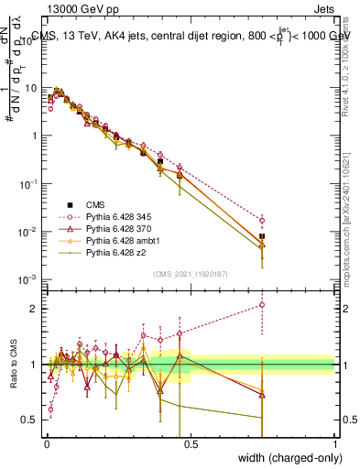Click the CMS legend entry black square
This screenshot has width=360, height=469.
point(69,204)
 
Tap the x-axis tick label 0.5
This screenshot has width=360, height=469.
point(190,442)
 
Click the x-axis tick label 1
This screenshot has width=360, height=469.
point(334,442)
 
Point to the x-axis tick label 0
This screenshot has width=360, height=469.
point(46,442)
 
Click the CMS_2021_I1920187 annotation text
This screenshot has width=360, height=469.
point(190,273)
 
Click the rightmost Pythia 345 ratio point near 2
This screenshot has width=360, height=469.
point(262,305)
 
